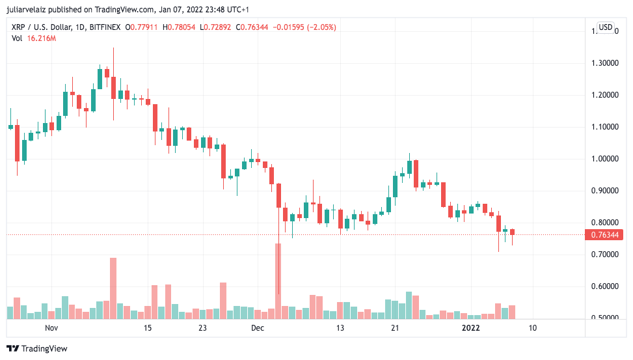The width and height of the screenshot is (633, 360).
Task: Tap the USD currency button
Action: coord(606,27)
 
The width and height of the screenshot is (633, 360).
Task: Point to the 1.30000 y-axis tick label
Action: coord(604,63)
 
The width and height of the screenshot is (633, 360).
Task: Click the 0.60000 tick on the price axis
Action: coord(604,286)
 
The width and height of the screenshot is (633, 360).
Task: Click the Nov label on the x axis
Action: coord(51,328)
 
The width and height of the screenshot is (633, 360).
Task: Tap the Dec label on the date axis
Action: coord(258,328)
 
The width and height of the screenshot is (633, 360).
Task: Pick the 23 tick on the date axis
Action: coord(202,328)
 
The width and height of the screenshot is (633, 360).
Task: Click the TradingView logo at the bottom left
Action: coord(37,348)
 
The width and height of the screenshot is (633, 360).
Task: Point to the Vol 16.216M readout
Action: coord(34,38)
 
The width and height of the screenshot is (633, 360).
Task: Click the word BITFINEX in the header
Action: coord(108,27)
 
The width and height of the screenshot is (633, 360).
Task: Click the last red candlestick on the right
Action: coord(513,232)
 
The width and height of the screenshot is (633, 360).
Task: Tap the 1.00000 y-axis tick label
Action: coord(604,159)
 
